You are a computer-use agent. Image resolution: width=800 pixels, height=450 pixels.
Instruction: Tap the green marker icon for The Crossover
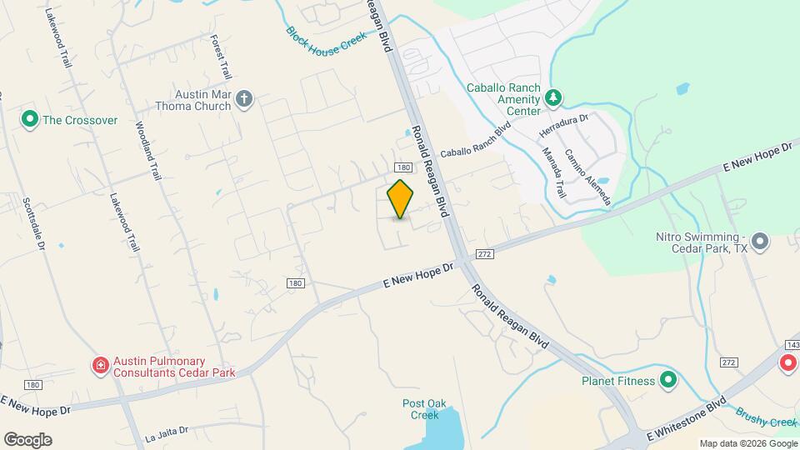tap(30, 120)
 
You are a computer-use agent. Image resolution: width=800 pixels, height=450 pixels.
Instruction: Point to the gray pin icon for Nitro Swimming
tap(759, 242)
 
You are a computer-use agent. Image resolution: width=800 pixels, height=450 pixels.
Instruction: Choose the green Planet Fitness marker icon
tap(667, 382)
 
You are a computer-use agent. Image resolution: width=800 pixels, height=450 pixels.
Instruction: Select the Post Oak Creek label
tap(424, 409)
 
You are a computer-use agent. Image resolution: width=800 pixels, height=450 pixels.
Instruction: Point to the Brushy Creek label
tap(767, 417)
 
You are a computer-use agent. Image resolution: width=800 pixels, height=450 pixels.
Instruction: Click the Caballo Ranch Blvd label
tap(475, 142)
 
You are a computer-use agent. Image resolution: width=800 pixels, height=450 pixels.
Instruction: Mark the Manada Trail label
tap(554, 173)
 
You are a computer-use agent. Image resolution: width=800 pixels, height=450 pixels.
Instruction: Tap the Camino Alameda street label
tap(587, 177)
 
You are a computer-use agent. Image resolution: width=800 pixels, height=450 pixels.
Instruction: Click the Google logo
tap(27, 439)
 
